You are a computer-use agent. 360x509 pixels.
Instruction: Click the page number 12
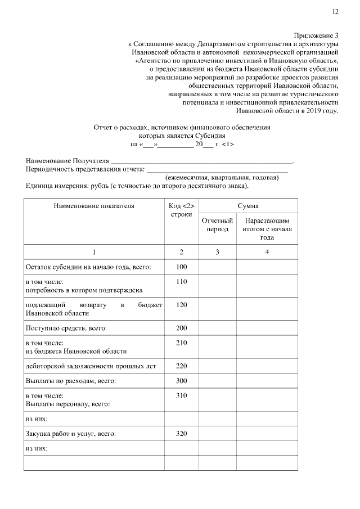tap(335, 11)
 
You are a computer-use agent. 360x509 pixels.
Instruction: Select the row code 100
tap(181, 267)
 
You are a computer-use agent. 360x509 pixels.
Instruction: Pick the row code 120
tap(181, 305)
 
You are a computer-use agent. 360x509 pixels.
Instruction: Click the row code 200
tap(181, 327)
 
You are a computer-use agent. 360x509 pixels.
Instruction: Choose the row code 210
tap(181, 343)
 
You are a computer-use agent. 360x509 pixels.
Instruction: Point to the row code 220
tap(181, 366)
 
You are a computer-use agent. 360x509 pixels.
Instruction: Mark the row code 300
tap(181, 381)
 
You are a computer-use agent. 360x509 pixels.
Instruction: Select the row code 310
tap(181, 396)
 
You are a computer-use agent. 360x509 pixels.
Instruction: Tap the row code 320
tap(181, 434)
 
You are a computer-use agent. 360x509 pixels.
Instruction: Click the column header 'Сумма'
tap(247, 206)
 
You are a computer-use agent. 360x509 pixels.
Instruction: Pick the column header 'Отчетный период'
tap(217, 226)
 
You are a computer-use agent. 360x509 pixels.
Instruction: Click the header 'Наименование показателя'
tap(94, 206)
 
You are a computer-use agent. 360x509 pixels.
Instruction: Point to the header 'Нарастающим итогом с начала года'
tap(267, 229)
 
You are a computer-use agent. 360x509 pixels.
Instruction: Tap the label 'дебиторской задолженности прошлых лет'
tap(91, 366)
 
